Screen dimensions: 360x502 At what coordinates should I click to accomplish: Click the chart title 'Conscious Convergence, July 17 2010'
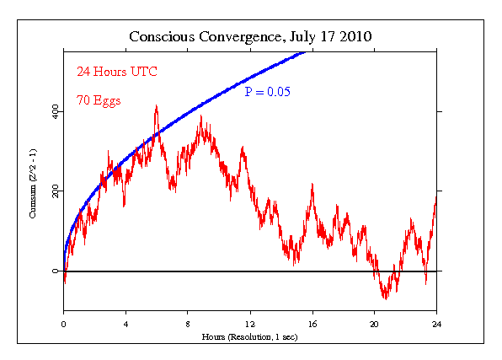[x=250, y=37]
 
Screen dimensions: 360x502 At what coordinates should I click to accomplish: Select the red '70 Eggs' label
[x=99, y=100]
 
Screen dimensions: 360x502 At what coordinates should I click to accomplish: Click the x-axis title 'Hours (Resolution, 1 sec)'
[x=250, y=336]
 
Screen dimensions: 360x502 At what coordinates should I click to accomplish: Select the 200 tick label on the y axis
[x=54, y=191]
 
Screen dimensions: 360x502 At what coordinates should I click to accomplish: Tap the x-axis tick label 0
[x=63, y=324]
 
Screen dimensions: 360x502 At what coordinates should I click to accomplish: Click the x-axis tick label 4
[x=125, y=324]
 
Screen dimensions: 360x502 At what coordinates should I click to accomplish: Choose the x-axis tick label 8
[x=188, y=324]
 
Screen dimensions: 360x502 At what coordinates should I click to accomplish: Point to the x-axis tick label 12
[x=250, y=324]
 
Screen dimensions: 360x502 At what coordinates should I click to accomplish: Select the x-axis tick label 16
[x=312, y=324]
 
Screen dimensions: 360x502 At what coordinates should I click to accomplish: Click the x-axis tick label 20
[x=375, y=324]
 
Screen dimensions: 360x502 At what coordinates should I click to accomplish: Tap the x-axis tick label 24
[x=436, y=324]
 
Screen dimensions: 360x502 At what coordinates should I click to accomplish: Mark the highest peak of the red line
[x=156, y=106]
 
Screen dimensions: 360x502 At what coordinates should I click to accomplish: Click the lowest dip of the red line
[x=386, y=298]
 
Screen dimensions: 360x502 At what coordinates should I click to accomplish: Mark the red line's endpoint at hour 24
[x=436, y=195]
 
